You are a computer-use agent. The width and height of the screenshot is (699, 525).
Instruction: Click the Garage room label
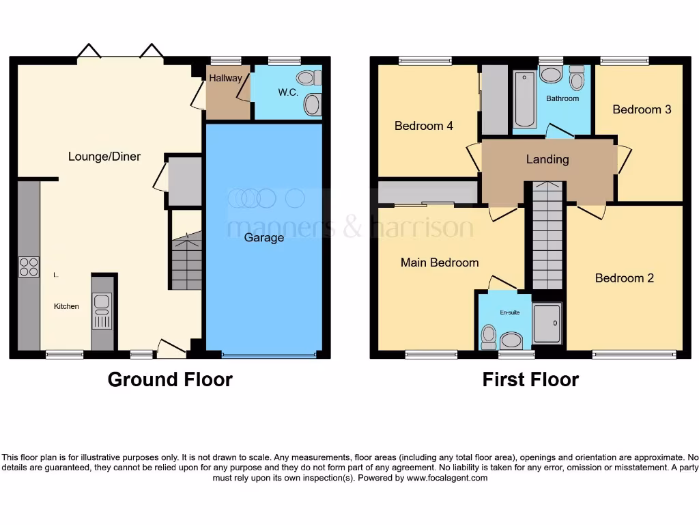click(264, 238)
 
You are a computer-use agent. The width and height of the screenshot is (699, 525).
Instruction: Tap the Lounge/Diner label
click(104, 157)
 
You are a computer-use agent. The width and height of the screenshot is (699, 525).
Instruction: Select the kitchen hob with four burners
click(29, 267)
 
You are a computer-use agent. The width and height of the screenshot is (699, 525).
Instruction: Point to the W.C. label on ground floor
click(288, 92)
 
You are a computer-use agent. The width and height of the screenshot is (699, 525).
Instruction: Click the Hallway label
click(225, 78)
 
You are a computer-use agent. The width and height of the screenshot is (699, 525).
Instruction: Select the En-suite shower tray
click(547, 323)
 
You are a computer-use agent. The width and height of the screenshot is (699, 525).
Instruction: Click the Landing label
click(547, 159)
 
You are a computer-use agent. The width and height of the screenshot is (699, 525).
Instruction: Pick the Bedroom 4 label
click(423, 126)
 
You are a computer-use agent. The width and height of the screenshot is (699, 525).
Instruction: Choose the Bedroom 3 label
click(637, 109)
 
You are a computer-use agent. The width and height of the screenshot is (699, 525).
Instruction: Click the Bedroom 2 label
click(624, 278)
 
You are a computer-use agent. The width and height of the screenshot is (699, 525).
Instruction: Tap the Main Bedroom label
click(439, 262)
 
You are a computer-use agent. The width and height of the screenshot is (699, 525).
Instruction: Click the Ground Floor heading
click(170, 379)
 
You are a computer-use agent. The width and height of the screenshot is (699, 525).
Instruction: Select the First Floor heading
click(530, 379)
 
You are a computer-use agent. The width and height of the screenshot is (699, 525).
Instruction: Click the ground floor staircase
click(186, 263)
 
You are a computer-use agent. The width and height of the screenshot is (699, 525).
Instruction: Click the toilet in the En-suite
click(488, 336)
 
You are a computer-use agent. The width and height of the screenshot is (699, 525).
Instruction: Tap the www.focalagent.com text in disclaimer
click(447, 479)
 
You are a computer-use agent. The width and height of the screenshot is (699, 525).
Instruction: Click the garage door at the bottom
click(268, 355)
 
